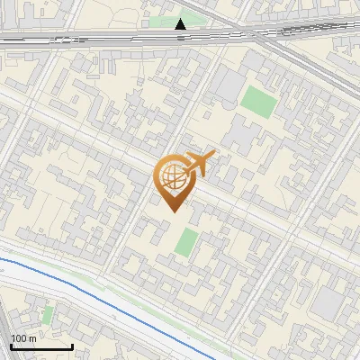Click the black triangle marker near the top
point(181,24)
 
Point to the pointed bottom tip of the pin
point(172,210)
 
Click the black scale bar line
point(41,346)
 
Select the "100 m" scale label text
point(22,337)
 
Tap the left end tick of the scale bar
point(11,346)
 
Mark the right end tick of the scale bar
point(72,346)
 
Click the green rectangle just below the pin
point(186,242)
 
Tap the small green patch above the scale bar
point(48,314)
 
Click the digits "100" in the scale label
point(18,337)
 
